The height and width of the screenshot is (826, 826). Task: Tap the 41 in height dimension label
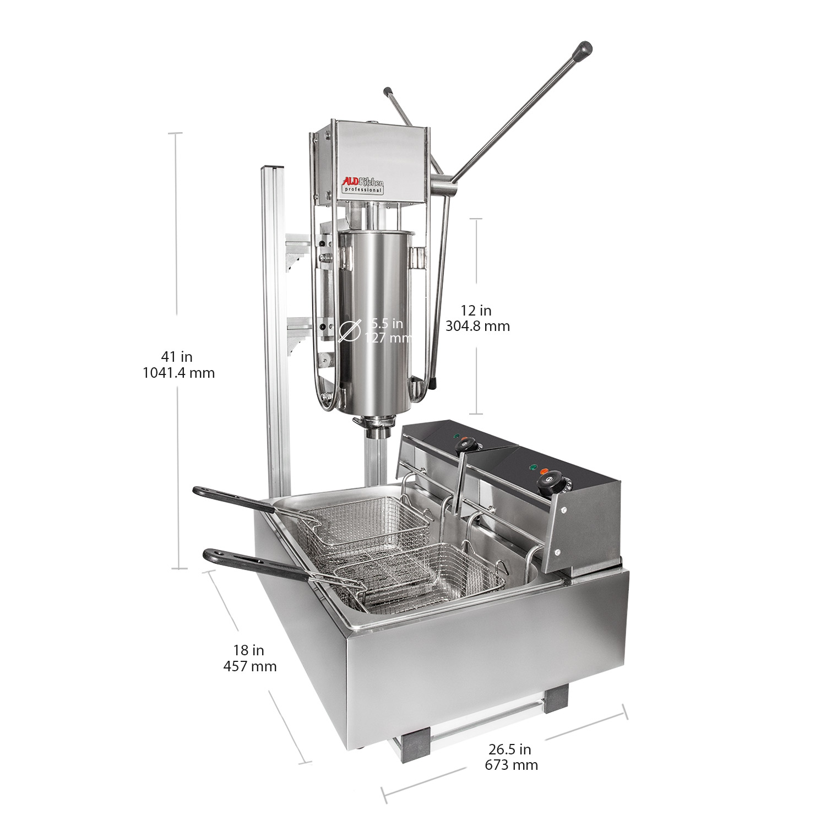point(177,357)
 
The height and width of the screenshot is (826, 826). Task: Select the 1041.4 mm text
point(178,373)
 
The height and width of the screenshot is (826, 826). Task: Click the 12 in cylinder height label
point(476,311)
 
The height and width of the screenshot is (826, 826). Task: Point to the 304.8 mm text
point(477,326)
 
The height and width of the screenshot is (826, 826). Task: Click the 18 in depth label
point(248,650)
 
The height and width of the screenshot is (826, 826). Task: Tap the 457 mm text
point(249,666)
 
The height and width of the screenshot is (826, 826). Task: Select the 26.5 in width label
point(509,749)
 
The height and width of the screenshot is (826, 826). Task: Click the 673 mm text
point(511,765)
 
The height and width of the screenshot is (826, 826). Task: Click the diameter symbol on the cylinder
point(350,330)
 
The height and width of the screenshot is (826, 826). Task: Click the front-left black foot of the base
point(415,744)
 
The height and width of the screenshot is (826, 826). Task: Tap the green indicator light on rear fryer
point(456,437)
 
